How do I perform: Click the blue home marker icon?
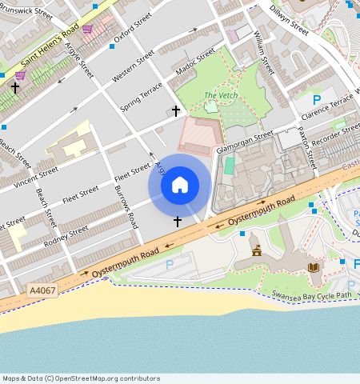(180, 186)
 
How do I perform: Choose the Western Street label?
(133, 66)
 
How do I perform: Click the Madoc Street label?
(195, 63)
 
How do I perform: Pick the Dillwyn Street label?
(289, 18)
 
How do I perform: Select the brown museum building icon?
(257, 250)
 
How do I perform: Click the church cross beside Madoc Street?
(176, 110)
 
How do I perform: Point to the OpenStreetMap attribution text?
(81, 378)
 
